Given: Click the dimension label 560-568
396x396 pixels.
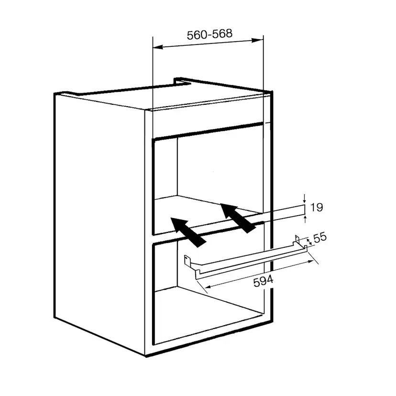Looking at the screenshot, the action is [209, 34].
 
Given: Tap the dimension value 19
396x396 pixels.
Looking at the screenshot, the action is [317, 208].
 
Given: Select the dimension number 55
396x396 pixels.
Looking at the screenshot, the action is [320, 238].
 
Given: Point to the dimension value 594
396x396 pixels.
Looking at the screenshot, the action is [263, 281].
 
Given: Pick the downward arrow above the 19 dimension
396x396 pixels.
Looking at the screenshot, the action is [305, 198].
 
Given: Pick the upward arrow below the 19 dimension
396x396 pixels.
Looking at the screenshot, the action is [305, 219].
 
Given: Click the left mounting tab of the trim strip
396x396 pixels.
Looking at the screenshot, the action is [187, 260].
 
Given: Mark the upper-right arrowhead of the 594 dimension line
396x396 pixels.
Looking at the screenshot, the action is [309, 262].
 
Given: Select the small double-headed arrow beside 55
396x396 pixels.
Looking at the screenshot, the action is [309, 242].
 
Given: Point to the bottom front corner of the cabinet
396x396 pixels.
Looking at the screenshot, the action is [146, 356].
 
